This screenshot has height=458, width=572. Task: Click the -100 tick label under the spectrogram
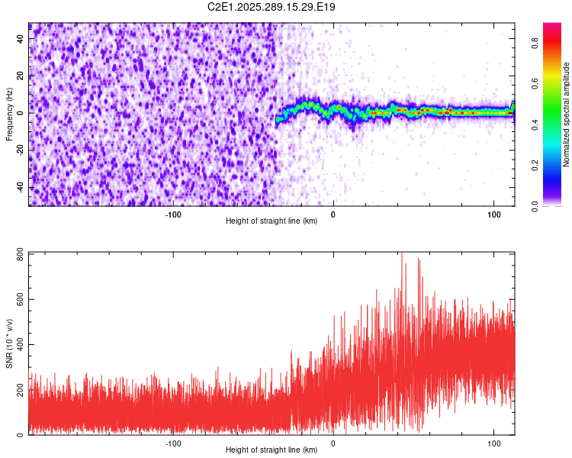173,213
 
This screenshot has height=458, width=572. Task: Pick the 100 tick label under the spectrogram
493,213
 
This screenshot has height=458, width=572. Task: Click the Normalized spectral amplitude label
567,114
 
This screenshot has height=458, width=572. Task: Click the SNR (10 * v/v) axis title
9,343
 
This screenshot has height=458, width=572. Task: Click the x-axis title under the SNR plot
272,450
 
